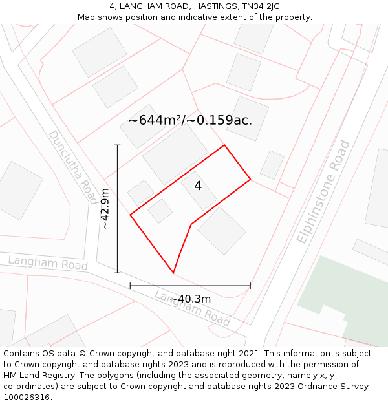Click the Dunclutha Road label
[72, 166]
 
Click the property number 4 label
[198, 186]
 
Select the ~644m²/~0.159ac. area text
[190, 120]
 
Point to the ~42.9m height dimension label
[105, 209]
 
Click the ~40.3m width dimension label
[190, 299]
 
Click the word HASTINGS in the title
[197, 6]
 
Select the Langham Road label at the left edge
[48, 263]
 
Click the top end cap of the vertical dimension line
[117, 145]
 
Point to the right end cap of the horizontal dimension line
[250, 285]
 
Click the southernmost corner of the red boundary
[173, 273]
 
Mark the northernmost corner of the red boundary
[224, 145]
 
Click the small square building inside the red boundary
[160, 211]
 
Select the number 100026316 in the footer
[26, 397]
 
